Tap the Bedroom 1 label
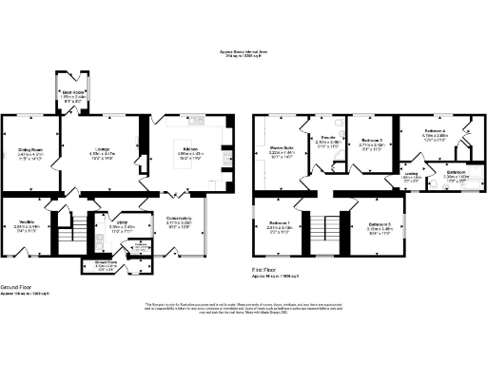[x=280, y=225]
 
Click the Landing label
[x=411, y=175]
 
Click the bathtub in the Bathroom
[x=463, y=186]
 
